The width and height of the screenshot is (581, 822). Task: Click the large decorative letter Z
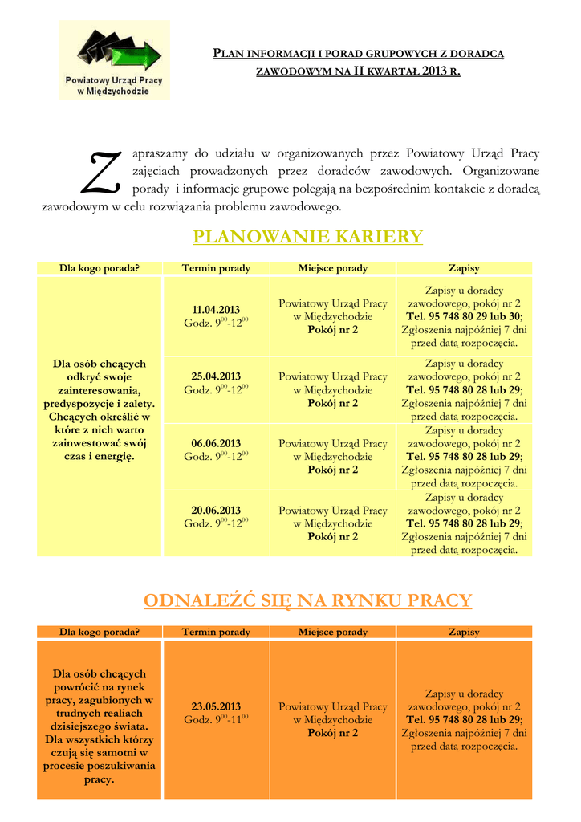pyautogui.click(x=102, y=173)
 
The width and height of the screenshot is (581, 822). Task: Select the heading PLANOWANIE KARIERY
pyautogui.click(x=307, y=237)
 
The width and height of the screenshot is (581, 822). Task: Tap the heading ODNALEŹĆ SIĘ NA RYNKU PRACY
pyautogui.click(x=307, y=600)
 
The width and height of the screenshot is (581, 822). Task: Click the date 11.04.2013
pyautogui.click(x=216, y=310)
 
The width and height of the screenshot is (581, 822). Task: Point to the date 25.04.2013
pyautogui.click(x=216, y=376)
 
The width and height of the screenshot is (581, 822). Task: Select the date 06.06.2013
pyautogui.click(x=216, y=443)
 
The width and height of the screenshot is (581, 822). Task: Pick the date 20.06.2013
pyautogui.click(x=216, y=511)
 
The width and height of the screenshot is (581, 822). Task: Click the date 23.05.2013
pyautogui.click(x=216, y=707)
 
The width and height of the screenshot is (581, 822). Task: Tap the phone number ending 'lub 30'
pyautogui.click(x=464, y=317)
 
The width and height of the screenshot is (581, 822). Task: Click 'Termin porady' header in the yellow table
pyautogui.click(x=216, y=268)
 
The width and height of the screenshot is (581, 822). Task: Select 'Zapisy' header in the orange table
pyautogui.click(x=464, y=633)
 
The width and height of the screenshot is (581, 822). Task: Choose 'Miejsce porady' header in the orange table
pyautogui.click(x=332, y=633)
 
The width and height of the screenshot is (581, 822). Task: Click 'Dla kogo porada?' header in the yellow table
pyautogui.click(x=100, y=268)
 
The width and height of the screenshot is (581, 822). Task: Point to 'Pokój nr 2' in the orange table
pyautogui.click(x=332, y=733)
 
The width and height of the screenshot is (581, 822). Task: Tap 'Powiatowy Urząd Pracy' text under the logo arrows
pyautogui.click(x=114, y=82)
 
